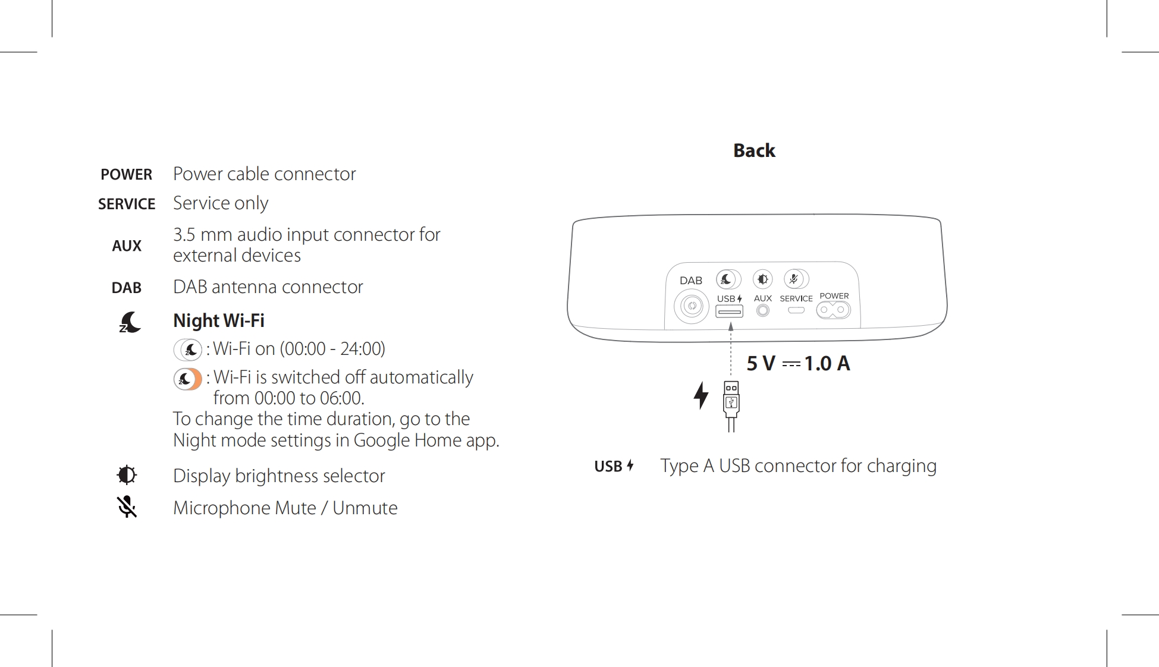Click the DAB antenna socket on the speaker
(x=692, y=306)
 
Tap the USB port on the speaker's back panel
(x=729, y=312)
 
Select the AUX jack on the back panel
(x=763, y=310)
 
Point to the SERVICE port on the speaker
(x=796, y=310)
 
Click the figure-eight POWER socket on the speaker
(x=833, y=310)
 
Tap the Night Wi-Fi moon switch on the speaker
(x=728, y=279)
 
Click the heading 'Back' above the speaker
(x=754, y=150)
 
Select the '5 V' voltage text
(x=761, y=363)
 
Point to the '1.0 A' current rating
(x=827, y=363)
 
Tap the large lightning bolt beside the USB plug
(x=702, y=395)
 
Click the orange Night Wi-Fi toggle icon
(x=188, y=379)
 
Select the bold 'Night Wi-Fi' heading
(x=219, y=320)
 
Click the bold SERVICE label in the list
(x=127, y=204)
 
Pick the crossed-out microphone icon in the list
(x=127, y=507)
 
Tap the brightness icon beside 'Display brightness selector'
(x=127, y=475)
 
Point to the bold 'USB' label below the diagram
(x=608, y=466)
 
